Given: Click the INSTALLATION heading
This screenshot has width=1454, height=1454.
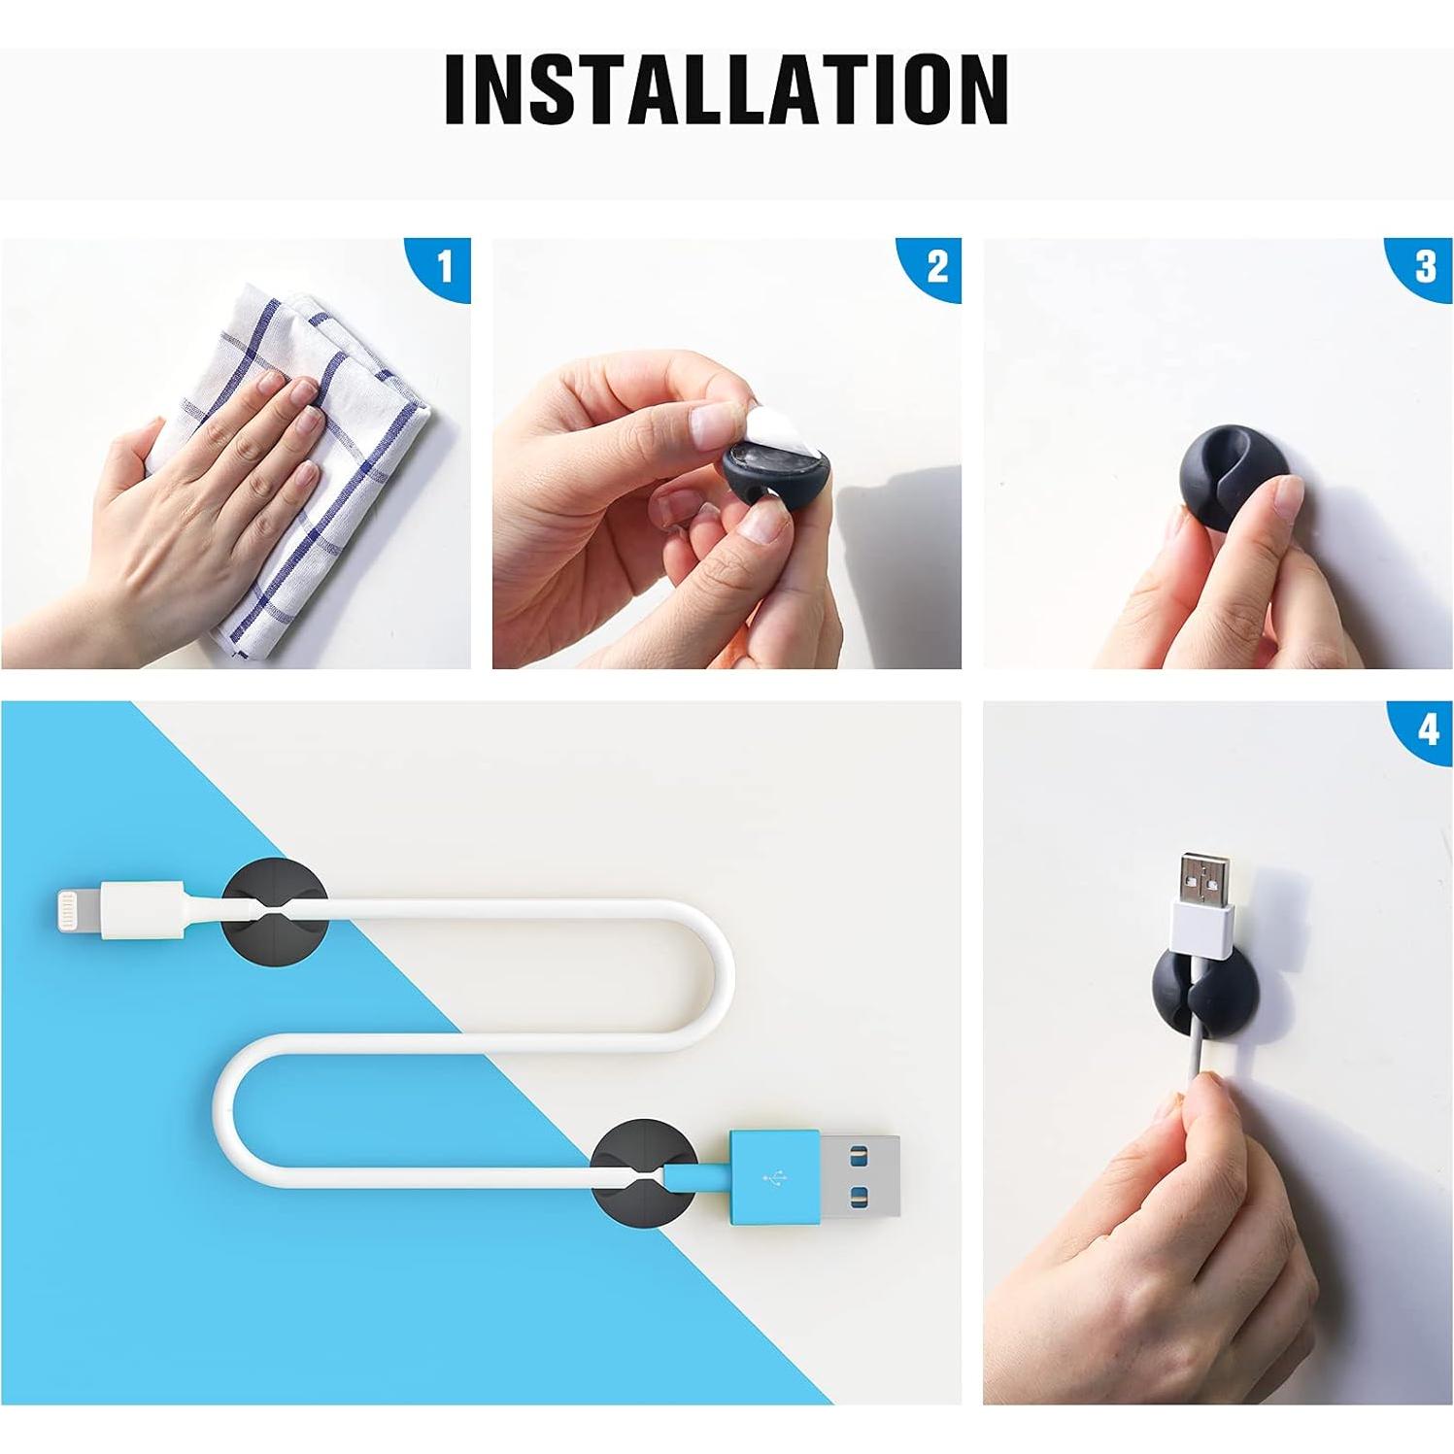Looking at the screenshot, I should [x=726, y=89].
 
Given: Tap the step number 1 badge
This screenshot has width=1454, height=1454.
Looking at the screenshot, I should [x=446, y=265].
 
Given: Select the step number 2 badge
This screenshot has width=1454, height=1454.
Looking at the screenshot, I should [x=936, y=265].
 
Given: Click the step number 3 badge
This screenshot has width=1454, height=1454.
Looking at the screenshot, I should [x=1426, y=265].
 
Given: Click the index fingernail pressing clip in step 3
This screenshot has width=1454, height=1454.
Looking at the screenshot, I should [x=1287, y=498].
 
